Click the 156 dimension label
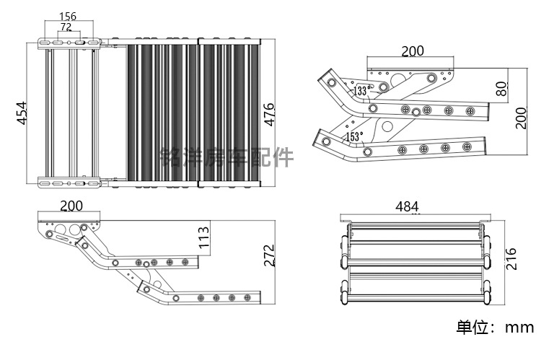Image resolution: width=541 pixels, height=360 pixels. (68, 16)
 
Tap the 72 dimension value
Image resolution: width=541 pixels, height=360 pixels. (66, 27)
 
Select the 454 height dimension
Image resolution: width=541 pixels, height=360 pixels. (22, 113)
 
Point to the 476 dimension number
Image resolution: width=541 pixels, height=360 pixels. (269, 115)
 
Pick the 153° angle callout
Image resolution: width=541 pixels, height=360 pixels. (354, 136)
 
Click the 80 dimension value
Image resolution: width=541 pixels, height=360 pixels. (501, 89)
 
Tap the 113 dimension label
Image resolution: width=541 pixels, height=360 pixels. (204, 237)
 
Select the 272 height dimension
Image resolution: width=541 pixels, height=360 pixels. (269, 255)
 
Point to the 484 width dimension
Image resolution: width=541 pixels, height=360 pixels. (407, 207)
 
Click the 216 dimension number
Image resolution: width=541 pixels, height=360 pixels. (511, 258)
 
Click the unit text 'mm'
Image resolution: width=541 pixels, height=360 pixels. (519, 327)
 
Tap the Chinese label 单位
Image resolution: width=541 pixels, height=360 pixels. (472, 327)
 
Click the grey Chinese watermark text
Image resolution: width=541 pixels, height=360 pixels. (227, 157)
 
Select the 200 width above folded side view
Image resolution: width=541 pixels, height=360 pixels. (413, 51)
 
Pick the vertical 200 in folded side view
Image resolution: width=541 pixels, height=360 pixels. (521, 118)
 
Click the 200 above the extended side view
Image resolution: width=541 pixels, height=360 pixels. (71, 206)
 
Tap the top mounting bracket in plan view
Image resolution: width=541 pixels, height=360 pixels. (69, 43)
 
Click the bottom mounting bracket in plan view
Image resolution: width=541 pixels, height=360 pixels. (69, 183)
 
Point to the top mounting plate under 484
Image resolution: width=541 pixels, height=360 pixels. (415, 219)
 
